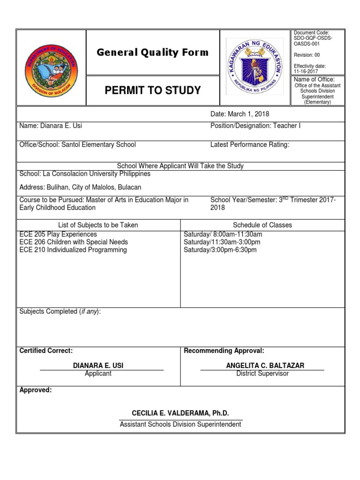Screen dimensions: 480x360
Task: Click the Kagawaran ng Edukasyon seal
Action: [x=255, y=67]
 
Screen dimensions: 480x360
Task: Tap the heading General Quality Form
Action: [x=153, y=52]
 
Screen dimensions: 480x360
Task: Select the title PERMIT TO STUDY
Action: [x=152, y=90]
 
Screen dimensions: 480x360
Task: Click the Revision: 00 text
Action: [x=307, y=55]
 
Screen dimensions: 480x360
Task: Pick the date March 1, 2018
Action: [x=240, y=114]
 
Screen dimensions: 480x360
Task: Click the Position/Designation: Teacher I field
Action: [x=256, y=126]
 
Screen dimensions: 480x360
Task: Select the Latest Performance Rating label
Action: [x=250, y=144]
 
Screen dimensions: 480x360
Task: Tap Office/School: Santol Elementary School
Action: [x=77, y=144]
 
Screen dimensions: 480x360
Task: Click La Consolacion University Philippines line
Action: [x=85, y=173]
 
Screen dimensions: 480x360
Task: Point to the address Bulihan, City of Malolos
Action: [x=80, y=187]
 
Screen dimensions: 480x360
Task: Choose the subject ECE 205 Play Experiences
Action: [x=58, y=234]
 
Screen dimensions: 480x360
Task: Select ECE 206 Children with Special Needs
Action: [x=74, y=242]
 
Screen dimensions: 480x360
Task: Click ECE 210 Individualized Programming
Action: [x=73, y=250]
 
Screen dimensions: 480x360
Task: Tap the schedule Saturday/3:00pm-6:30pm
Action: [x=220, y=250]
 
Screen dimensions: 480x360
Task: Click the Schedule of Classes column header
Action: [x=262, y=225]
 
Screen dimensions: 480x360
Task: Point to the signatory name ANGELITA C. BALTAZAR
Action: [x=262, y=365]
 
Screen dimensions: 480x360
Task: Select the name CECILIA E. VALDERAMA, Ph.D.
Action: [x=180, y=413]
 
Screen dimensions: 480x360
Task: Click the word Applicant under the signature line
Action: [x=98, y=374]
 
